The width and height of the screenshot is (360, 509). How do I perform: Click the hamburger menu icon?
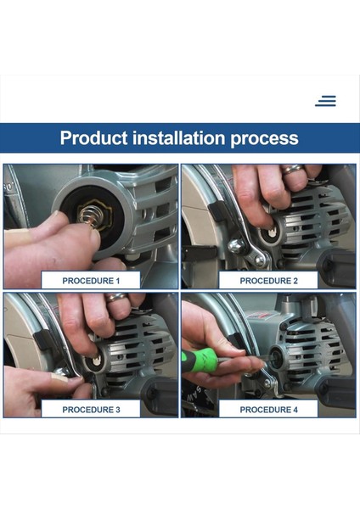325,101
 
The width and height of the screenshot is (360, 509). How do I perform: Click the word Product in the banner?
93,137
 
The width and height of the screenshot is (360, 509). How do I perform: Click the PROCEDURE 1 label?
91,281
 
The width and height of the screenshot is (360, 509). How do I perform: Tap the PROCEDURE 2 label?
268,281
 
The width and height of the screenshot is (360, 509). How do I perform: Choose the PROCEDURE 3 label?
91,410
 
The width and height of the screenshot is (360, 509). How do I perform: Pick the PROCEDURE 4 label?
268,410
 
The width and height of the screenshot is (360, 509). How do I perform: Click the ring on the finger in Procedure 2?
292,169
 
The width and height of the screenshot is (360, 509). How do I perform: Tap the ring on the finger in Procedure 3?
116,297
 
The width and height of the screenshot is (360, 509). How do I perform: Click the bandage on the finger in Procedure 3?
59,378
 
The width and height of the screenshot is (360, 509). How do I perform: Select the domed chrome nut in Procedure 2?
236,246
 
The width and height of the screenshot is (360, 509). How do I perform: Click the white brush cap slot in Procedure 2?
271,232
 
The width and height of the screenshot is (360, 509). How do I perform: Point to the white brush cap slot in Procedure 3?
96,361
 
